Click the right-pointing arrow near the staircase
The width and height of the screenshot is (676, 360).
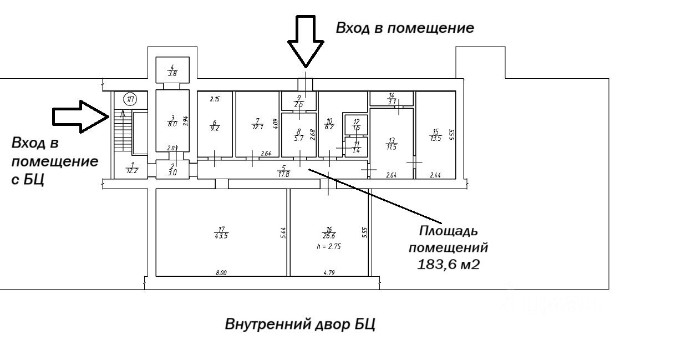point(80,116)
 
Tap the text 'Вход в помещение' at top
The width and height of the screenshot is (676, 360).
point(405,28)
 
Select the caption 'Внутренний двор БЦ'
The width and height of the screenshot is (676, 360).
point(300,324)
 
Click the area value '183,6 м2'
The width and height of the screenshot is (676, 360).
point(448,265)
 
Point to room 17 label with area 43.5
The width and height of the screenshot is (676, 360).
point(221,232)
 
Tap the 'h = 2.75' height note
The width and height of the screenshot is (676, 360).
point(329,246)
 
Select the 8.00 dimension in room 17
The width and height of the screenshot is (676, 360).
point(221,272)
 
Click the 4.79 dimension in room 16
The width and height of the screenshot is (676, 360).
point(329,272)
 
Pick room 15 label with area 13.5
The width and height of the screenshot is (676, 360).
point(435,135)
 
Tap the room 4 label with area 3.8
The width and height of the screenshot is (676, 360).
point(172,70)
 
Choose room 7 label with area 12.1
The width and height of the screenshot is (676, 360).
point(256,124)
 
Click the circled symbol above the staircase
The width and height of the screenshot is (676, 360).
point(130,100)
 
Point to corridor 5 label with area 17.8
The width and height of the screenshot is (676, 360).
point(283,171)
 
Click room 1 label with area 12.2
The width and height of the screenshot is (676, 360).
point(132,168)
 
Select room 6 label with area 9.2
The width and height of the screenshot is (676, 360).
point(214,125)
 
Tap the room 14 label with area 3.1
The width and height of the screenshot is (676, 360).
point(392,99)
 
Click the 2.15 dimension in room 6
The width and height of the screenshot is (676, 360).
point(215,99)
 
